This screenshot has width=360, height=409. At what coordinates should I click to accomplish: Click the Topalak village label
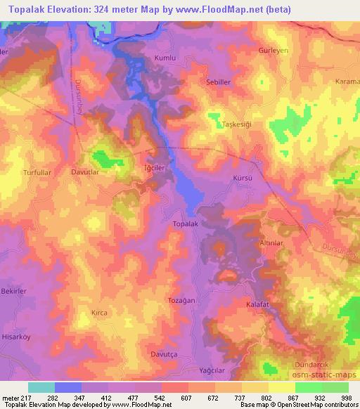click(186, 223)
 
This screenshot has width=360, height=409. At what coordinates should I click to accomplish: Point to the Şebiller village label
click(218, 82)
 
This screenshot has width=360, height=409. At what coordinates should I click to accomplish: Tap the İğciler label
click(154, 169)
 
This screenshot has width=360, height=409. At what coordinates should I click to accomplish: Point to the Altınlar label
click(271, 242)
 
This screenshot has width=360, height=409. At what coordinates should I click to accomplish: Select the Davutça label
click(165, 353)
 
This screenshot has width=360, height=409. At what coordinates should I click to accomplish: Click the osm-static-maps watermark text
click(327, 377)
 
